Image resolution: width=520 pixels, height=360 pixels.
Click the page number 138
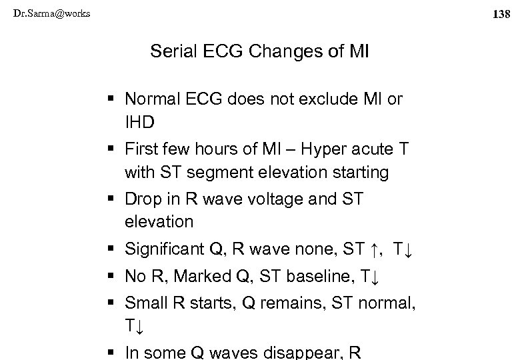(x=504, y=13)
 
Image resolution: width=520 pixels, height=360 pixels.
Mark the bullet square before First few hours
(x=111, y=149)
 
